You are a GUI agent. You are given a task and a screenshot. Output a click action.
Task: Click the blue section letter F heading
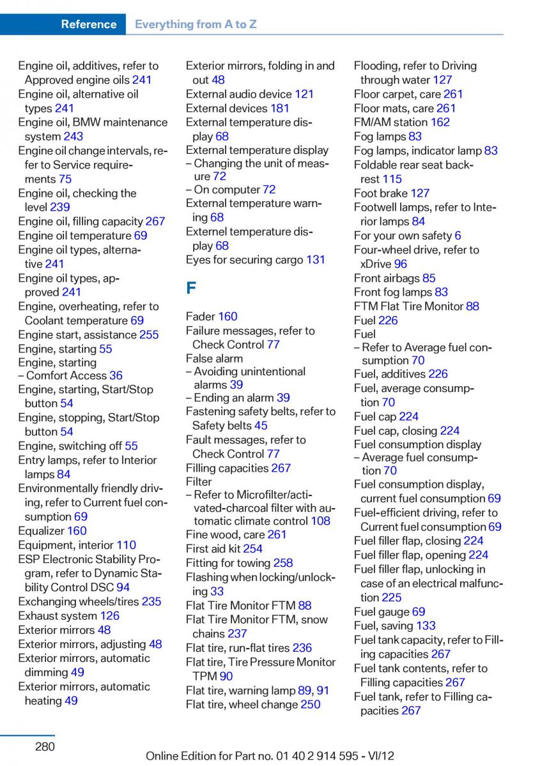(x=191, y=288)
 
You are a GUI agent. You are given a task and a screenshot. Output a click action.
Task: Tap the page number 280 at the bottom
(x=45, y=746)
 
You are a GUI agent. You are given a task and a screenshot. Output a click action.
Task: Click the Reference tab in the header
(x=88, y=24)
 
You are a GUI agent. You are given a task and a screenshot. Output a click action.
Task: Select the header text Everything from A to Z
(x=196, y=24)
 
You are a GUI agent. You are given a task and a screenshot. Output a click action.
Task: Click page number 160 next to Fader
(x=228, y=316)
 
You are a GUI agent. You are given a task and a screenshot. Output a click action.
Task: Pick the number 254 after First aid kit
(x=252, y=548)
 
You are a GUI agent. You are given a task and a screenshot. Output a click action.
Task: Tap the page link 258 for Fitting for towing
(x=282, y=562)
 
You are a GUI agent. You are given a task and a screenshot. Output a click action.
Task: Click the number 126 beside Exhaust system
(x=109, y=615)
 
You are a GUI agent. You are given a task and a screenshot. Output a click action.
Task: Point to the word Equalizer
(x=41, y=530)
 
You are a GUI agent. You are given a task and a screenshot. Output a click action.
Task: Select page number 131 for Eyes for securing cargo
(x=315, y=260)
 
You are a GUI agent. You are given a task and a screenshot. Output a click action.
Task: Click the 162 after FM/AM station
(x=440, y=122)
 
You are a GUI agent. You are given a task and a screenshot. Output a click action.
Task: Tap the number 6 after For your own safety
(x=458, y=236)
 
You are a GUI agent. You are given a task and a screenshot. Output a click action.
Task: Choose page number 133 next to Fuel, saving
(x=426, y=626)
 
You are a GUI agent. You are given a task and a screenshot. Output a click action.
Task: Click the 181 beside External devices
(x=280, y=108)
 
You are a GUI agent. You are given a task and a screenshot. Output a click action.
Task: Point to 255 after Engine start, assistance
(x=149, y=334)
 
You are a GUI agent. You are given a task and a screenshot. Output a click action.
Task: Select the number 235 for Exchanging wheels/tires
(x=151, y=601)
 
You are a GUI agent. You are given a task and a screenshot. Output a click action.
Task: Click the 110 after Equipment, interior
(x=126, y=544)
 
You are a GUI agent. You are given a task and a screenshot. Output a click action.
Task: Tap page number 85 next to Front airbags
(x=429, y=278)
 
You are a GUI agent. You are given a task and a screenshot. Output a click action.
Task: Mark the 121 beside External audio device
(x=304, y=94)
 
